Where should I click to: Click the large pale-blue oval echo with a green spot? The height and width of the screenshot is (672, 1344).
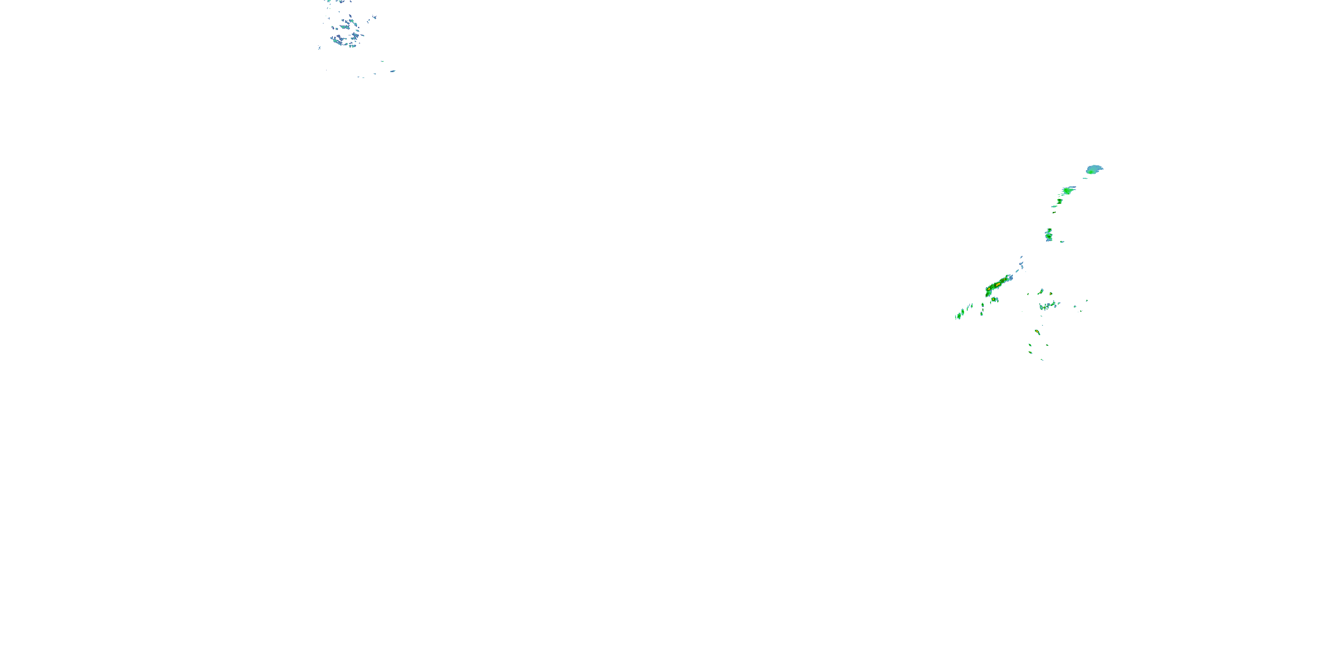click(1094, 169)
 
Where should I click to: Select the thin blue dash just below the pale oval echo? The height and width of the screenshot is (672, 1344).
click(1085, 178)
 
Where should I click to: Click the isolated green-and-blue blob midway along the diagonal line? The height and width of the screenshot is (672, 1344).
click(1049, 235)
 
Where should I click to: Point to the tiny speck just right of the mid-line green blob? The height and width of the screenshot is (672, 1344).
click(1062, 241)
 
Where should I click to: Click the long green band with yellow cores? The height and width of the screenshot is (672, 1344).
click(996, 285)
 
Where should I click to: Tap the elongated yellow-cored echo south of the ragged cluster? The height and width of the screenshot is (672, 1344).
click(1037, 332)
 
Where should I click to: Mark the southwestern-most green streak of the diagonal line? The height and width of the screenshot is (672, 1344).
click(959, 314)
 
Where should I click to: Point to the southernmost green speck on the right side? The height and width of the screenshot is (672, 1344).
click(1042, 359)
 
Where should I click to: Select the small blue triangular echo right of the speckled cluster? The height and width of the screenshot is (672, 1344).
click(374, 17)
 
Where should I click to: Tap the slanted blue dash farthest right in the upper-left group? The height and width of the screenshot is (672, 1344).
click(392, 71)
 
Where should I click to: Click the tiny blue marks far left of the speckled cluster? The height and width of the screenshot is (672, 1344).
click(319, 48)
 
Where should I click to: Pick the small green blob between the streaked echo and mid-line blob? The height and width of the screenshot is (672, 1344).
click(1060, 201)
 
